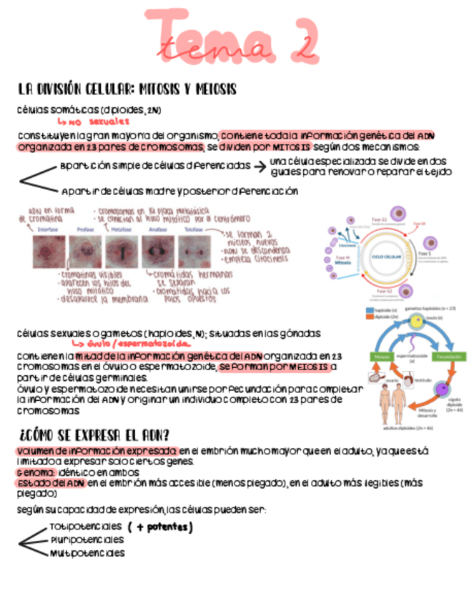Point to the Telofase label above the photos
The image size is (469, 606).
[193, 229]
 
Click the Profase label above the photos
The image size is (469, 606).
[86, 229]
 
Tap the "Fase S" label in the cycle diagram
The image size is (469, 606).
[424, 253]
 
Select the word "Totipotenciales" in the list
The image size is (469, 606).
[86, 527]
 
